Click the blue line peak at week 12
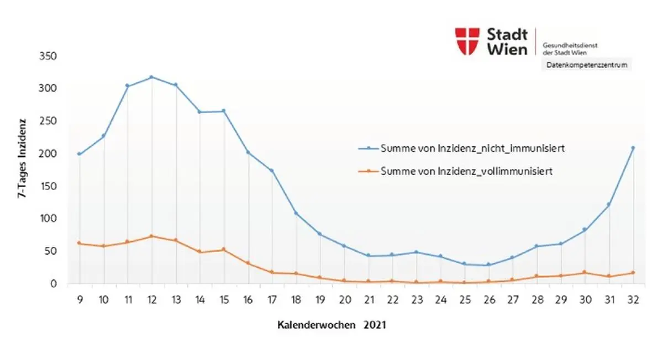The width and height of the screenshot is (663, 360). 152,77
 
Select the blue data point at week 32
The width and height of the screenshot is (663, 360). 633,148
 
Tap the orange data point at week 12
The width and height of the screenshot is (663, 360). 152,236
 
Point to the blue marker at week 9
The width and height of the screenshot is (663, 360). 80,154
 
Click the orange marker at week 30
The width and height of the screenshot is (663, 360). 584,273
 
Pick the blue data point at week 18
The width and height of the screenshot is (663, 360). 296,213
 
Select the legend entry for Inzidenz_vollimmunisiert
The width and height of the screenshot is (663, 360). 467,172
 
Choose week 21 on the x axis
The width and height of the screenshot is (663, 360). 369,299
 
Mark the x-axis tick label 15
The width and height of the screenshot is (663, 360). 224,299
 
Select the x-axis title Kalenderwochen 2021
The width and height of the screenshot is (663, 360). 331,325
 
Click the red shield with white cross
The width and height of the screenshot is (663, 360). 467,41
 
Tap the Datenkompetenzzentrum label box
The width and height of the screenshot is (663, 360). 587,65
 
